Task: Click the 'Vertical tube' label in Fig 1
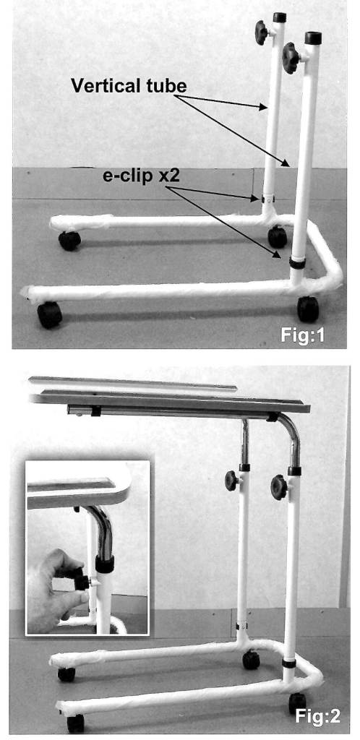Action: point(129,86)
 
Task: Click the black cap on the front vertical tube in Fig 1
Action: point(313,38)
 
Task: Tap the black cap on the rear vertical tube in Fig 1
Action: point(279,17)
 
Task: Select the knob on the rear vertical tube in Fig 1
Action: point(262,32)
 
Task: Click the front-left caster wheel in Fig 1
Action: point(50,315)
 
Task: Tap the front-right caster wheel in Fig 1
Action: point(308,309)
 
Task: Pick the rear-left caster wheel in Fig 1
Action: point(69,241)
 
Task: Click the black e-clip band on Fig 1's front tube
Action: point(297,263)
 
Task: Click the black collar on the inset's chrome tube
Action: point(105,564)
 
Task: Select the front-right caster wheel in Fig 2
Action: point(297,702)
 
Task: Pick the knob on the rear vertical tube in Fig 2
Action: point(231,481)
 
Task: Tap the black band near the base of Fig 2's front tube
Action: point(289,663)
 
